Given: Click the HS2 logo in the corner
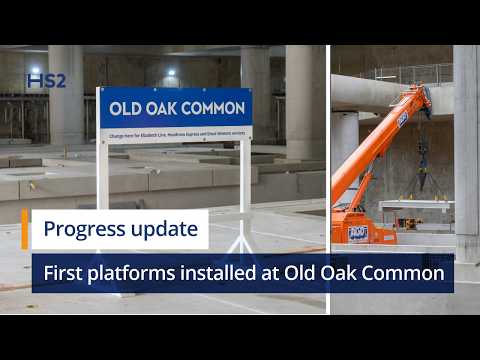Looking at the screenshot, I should click(x=46, y=80).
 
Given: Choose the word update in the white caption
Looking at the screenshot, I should click(x=164, y=229).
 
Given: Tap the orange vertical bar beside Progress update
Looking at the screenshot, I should click(x=24, y=229).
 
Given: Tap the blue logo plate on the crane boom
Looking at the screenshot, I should click(x=402, y=119).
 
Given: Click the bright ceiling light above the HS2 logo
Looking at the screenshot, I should click(x=37, y=70).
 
